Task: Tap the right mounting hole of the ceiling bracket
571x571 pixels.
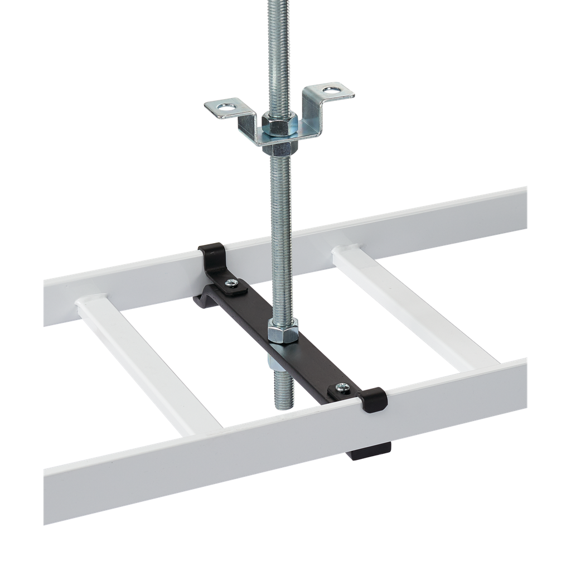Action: (x=332, y=89)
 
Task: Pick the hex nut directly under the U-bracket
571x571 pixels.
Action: (x=283, y=148)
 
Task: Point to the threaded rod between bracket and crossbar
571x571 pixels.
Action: (x=281, y=234)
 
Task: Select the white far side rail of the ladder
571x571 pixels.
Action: (x=390, y=229)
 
